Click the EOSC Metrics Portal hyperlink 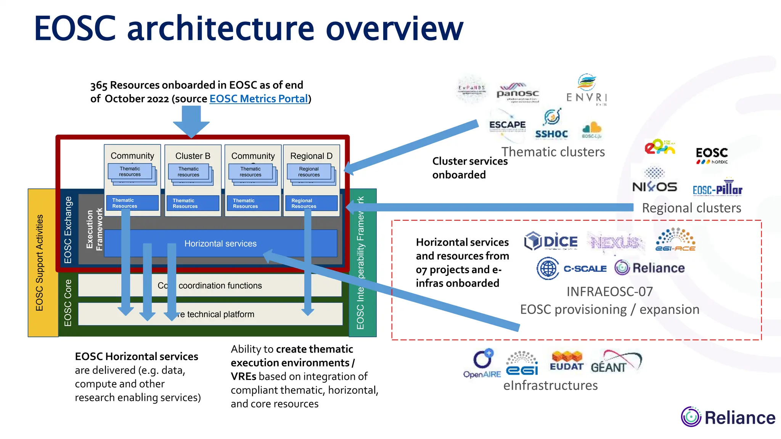click(x=259, y=99)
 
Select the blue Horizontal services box click(x=220, y=244)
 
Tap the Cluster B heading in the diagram click(x=193, y=156)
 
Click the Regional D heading click(x=311, y=156)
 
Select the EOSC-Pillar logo click(x=717, y=188)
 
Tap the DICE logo click(x=551, y=241)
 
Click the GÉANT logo click(x=615, y=362)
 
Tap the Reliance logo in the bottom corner click(x=728, y=417)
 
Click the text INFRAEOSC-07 click(x=609, y=292)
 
